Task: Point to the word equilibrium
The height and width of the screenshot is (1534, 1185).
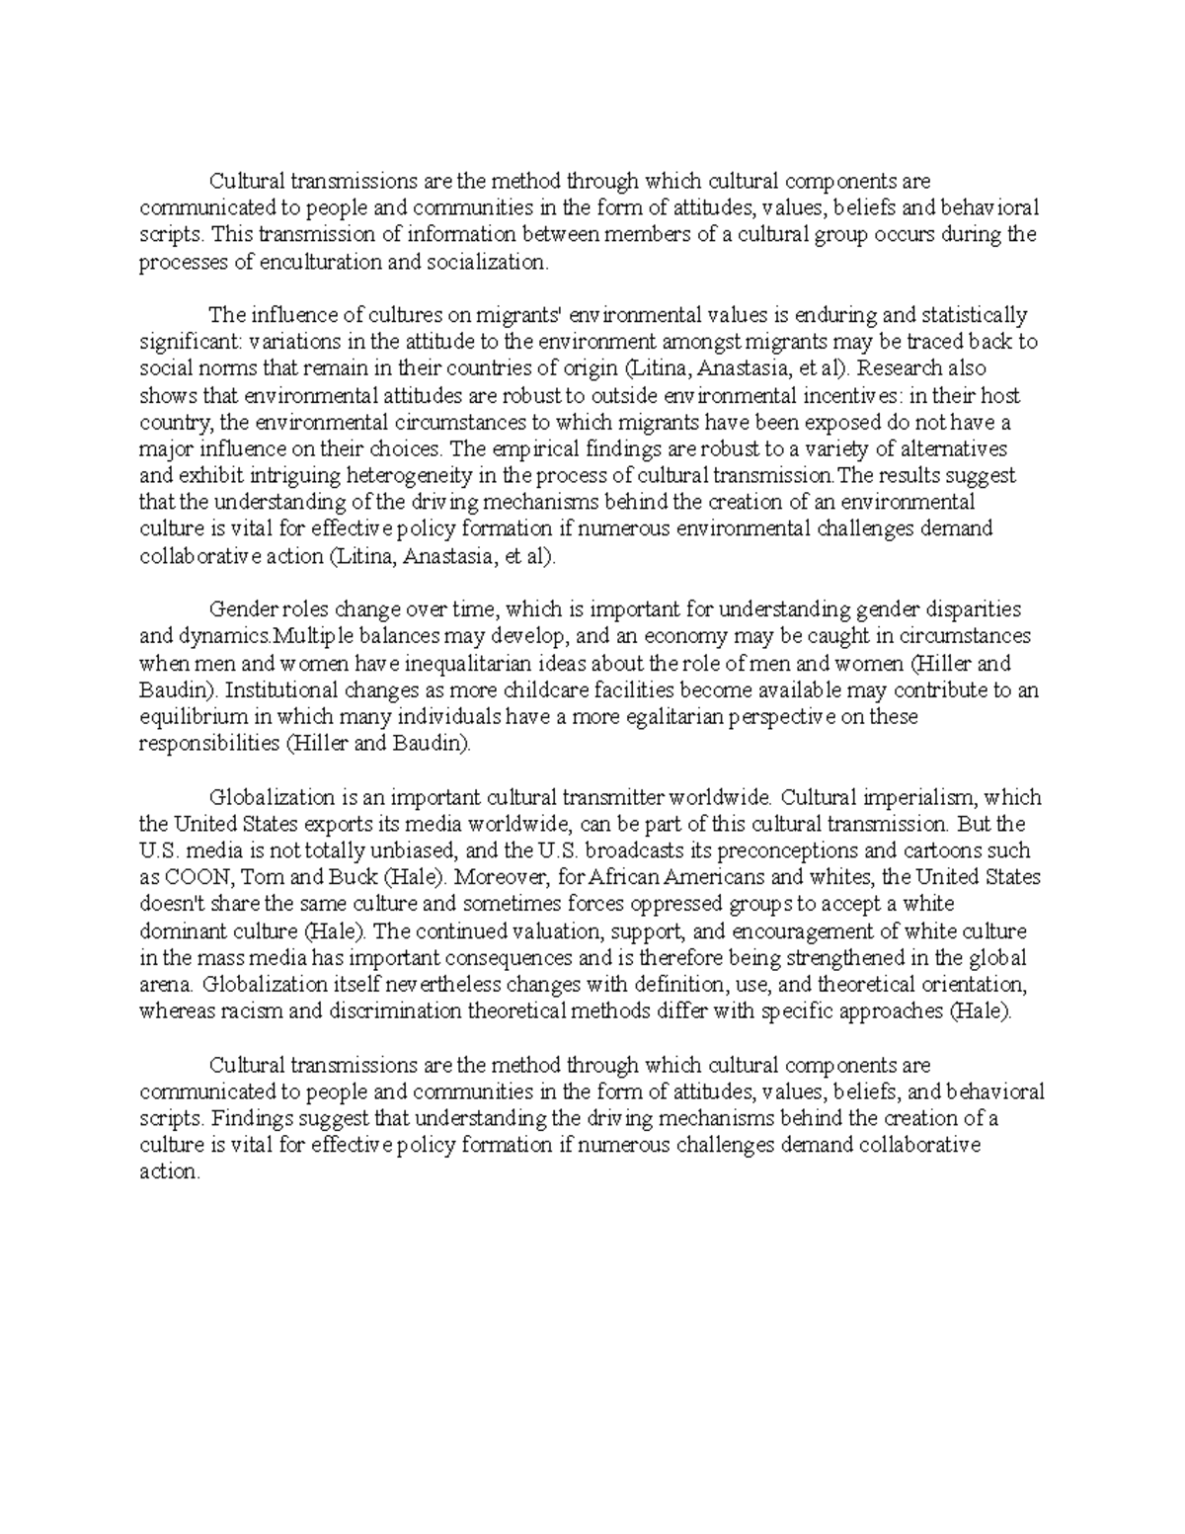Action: tap(188, 716)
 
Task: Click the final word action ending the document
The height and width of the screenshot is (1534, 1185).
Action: tap(169, 1171)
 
